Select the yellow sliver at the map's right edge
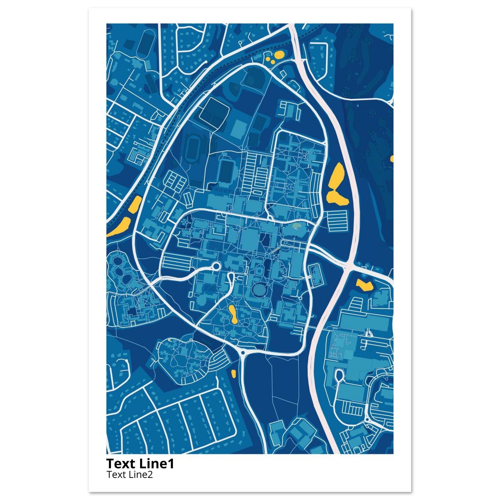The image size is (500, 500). coord(392,158)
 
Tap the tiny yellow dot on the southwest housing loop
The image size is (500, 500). coord(170,339)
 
